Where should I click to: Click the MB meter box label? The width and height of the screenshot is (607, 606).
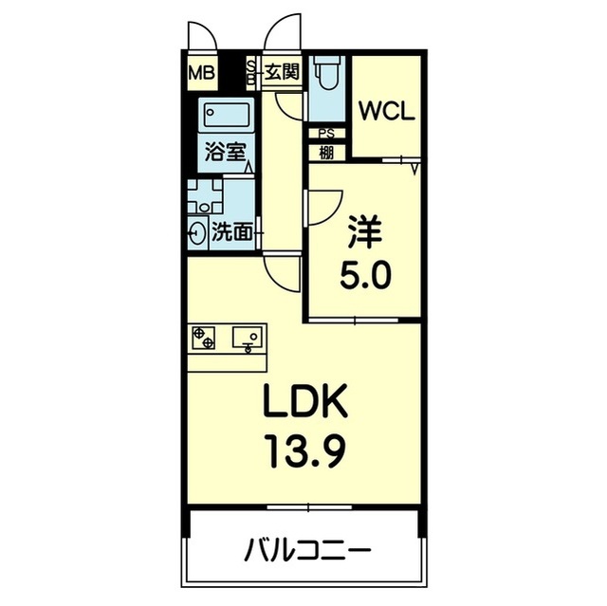click(x=200, y=71)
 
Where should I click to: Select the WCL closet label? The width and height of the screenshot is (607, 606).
click(x=386, y=111)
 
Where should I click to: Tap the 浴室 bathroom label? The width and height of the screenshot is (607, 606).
click(x=224, y=153)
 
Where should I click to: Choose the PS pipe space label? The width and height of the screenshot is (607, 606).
click(x=326, y=134)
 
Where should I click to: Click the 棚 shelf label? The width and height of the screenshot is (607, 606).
click(x=326, y=151)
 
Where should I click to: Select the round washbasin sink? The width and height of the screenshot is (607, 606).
click(x=199, y=232)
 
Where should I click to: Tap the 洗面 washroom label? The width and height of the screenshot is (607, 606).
click(x=233, y=232)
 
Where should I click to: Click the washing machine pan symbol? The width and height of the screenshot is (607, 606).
click(x=204, y=198)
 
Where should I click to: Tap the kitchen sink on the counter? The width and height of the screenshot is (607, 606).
click(x=248, y=336)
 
